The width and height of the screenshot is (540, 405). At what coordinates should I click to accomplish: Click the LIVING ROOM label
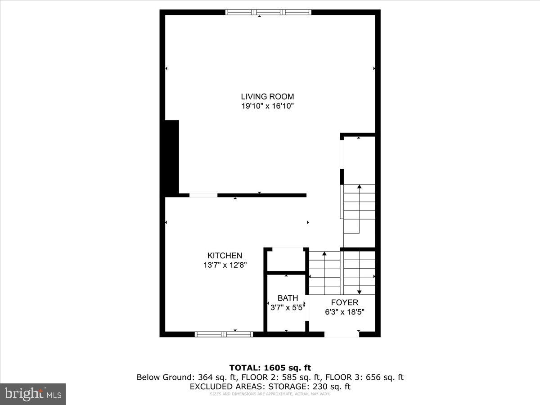(x=267, y=96)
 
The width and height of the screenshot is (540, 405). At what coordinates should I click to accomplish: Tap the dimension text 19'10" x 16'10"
(x=267, y=106)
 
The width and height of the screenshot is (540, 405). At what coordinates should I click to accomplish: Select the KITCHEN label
(x=225, y=256)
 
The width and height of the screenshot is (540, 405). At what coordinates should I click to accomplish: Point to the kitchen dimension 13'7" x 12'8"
(x=225, y=265)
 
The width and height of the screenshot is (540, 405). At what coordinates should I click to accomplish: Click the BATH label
(x=288, y=298)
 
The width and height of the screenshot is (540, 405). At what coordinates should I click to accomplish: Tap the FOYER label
(x=344, y=302)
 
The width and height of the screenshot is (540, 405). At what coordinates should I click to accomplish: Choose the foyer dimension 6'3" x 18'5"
(x=344, y=312)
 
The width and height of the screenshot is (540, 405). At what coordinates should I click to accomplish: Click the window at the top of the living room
(x=268, y=13)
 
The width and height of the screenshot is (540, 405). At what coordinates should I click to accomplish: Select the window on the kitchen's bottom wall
(x=224, y=334)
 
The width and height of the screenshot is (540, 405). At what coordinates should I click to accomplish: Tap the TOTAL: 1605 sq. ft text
(x=270, y=368)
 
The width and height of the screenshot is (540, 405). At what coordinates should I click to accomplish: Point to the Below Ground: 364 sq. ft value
(x=187, y=377)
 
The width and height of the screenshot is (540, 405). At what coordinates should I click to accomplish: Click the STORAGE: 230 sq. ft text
(x=310, y=386)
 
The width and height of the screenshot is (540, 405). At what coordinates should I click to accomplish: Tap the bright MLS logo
(x=33, y=394)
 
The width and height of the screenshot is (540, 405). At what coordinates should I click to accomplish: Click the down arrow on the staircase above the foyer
(x=359, y=292)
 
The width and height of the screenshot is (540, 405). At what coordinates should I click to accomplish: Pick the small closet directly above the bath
(x=286, y=260)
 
